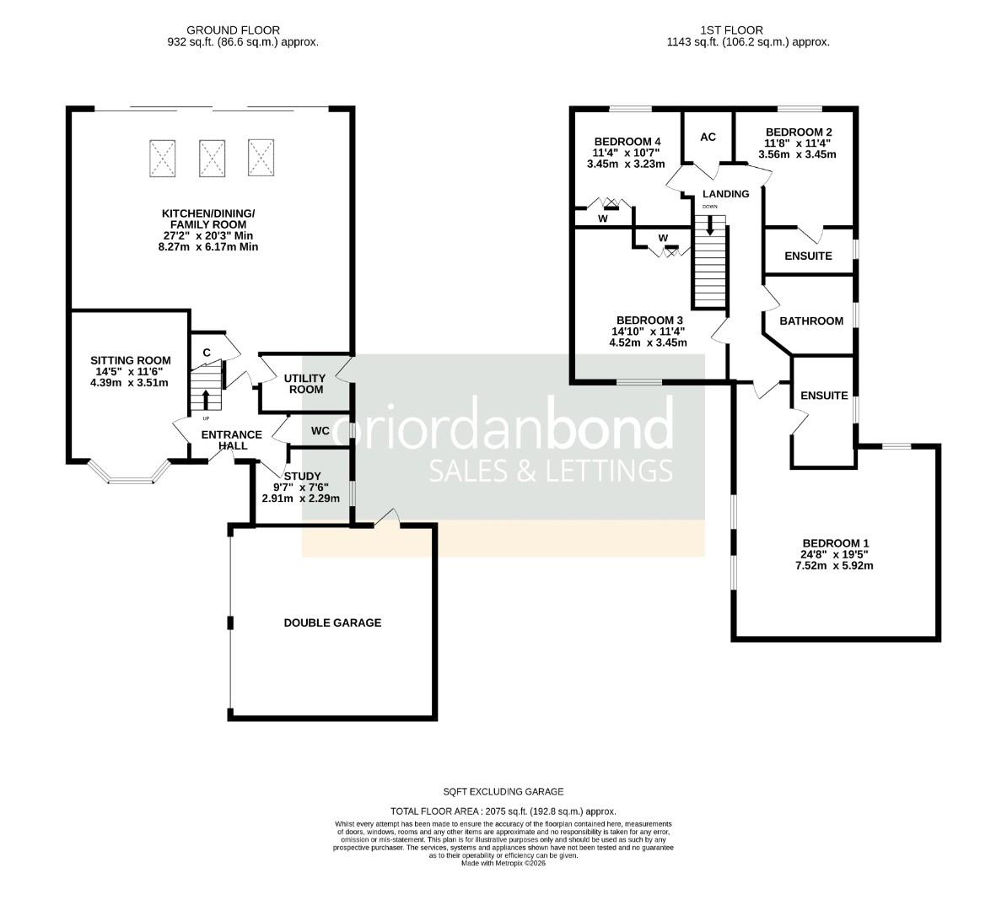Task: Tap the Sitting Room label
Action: [x=131, y=361]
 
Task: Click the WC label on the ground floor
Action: [x=320, y=431]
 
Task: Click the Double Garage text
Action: [x=332, y=623]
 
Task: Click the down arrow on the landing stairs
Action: [x=709, y=224]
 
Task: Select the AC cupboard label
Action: [x=708, y=137]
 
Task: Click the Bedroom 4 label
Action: [x=627, y=141]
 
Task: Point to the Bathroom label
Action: [x=810, y=321]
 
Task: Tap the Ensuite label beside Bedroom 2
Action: [x=808, y=256]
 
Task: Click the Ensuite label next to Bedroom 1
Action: [x=824, y=396]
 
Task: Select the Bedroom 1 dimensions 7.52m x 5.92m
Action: [x=835, y=566]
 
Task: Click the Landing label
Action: [x=725, y=194]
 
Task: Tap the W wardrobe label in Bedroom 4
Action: [x=602, y=218]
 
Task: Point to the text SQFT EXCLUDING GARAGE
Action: [x=503, y=791]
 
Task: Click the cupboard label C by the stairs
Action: [x=206, y=352]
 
